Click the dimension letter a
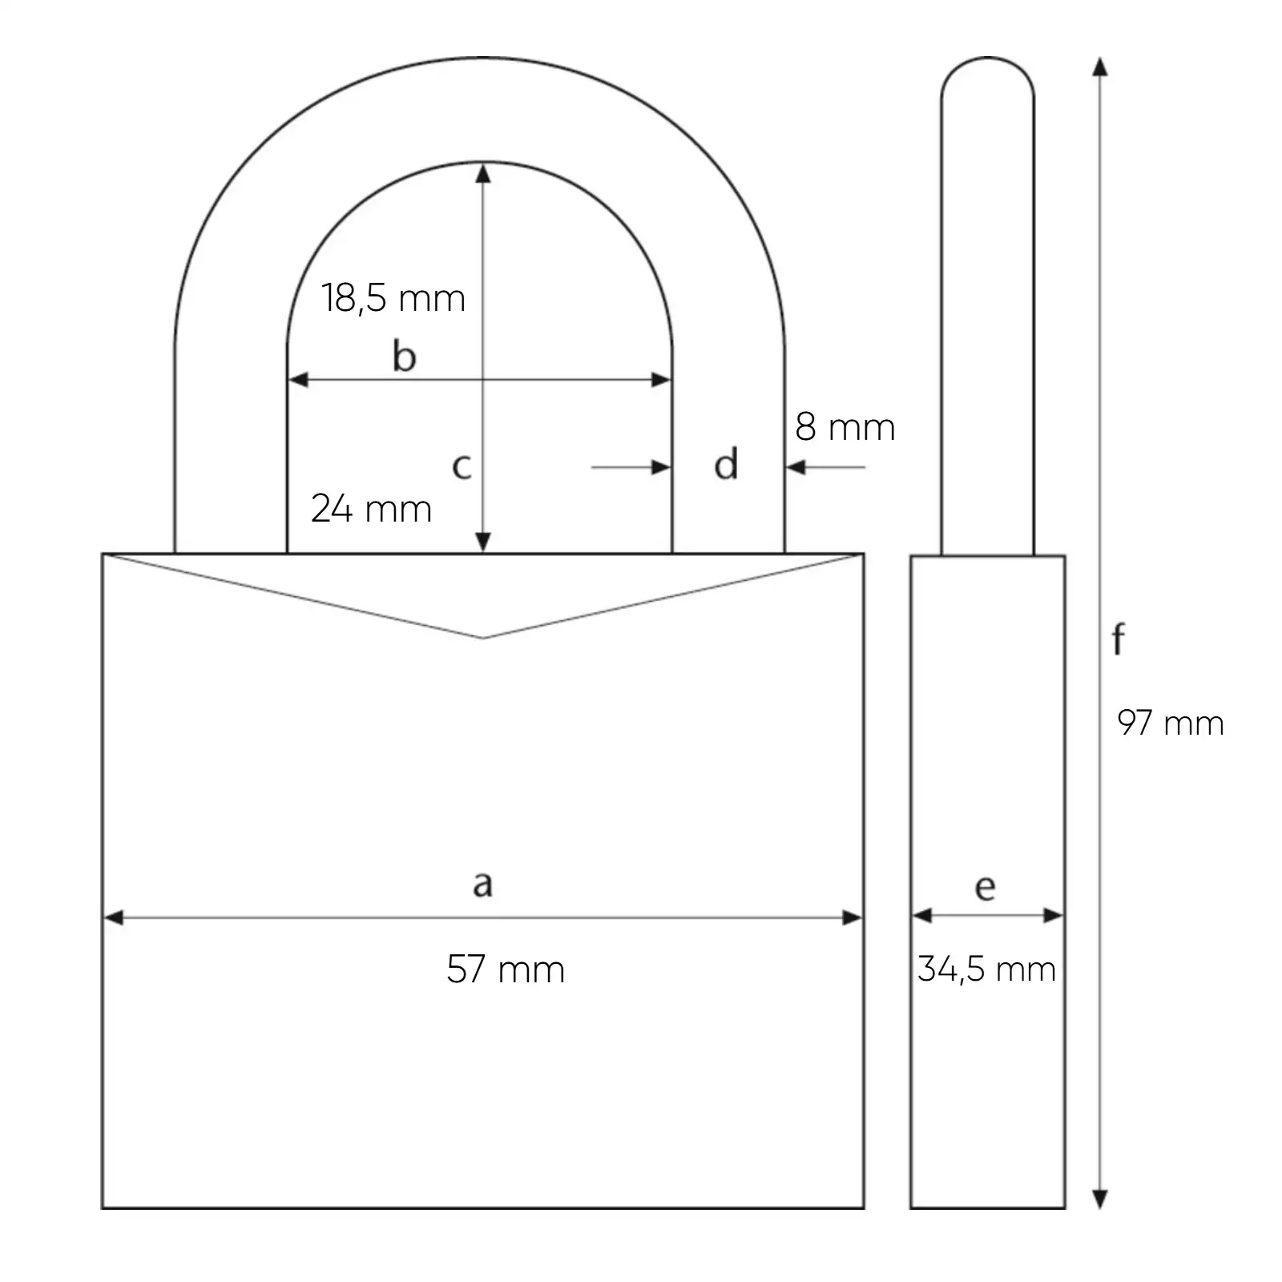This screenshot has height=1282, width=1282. tap(482, 884)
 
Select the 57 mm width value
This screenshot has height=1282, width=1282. tap(506, 970)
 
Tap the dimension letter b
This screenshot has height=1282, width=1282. tap(405, 356)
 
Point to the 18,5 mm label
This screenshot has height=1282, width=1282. tap(393, 298)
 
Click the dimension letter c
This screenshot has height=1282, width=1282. tap(462, 466)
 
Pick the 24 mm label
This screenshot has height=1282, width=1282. tap(371, 509)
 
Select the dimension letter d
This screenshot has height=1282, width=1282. tap(726, 465)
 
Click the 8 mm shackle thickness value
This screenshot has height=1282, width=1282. tap(845, 427)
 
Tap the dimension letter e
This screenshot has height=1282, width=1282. tap(986, 887)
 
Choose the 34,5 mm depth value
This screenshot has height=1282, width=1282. tap(986, 970)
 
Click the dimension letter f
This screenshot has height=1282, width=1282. tap(1119, 639)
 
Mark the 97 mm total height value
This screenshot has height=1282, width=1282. tap(1171, 724)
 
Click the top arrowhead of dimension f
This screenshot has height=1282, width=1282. tap(1100, 67)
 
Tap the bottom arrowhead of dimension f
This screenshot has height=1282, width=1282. tap(1100, 1199)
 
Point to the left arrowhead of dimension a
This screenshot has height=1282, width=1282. tap(114, 917)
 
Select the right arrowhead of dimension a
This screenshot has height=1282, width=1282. tap(853, 917)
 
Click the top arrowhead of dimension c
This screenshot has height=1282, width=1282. tap(483, 172)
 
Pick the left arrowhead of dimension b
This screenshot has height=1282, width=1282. tap(297, 380)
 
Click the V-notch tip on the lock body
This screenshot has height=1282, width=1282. tap(483, 638)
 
